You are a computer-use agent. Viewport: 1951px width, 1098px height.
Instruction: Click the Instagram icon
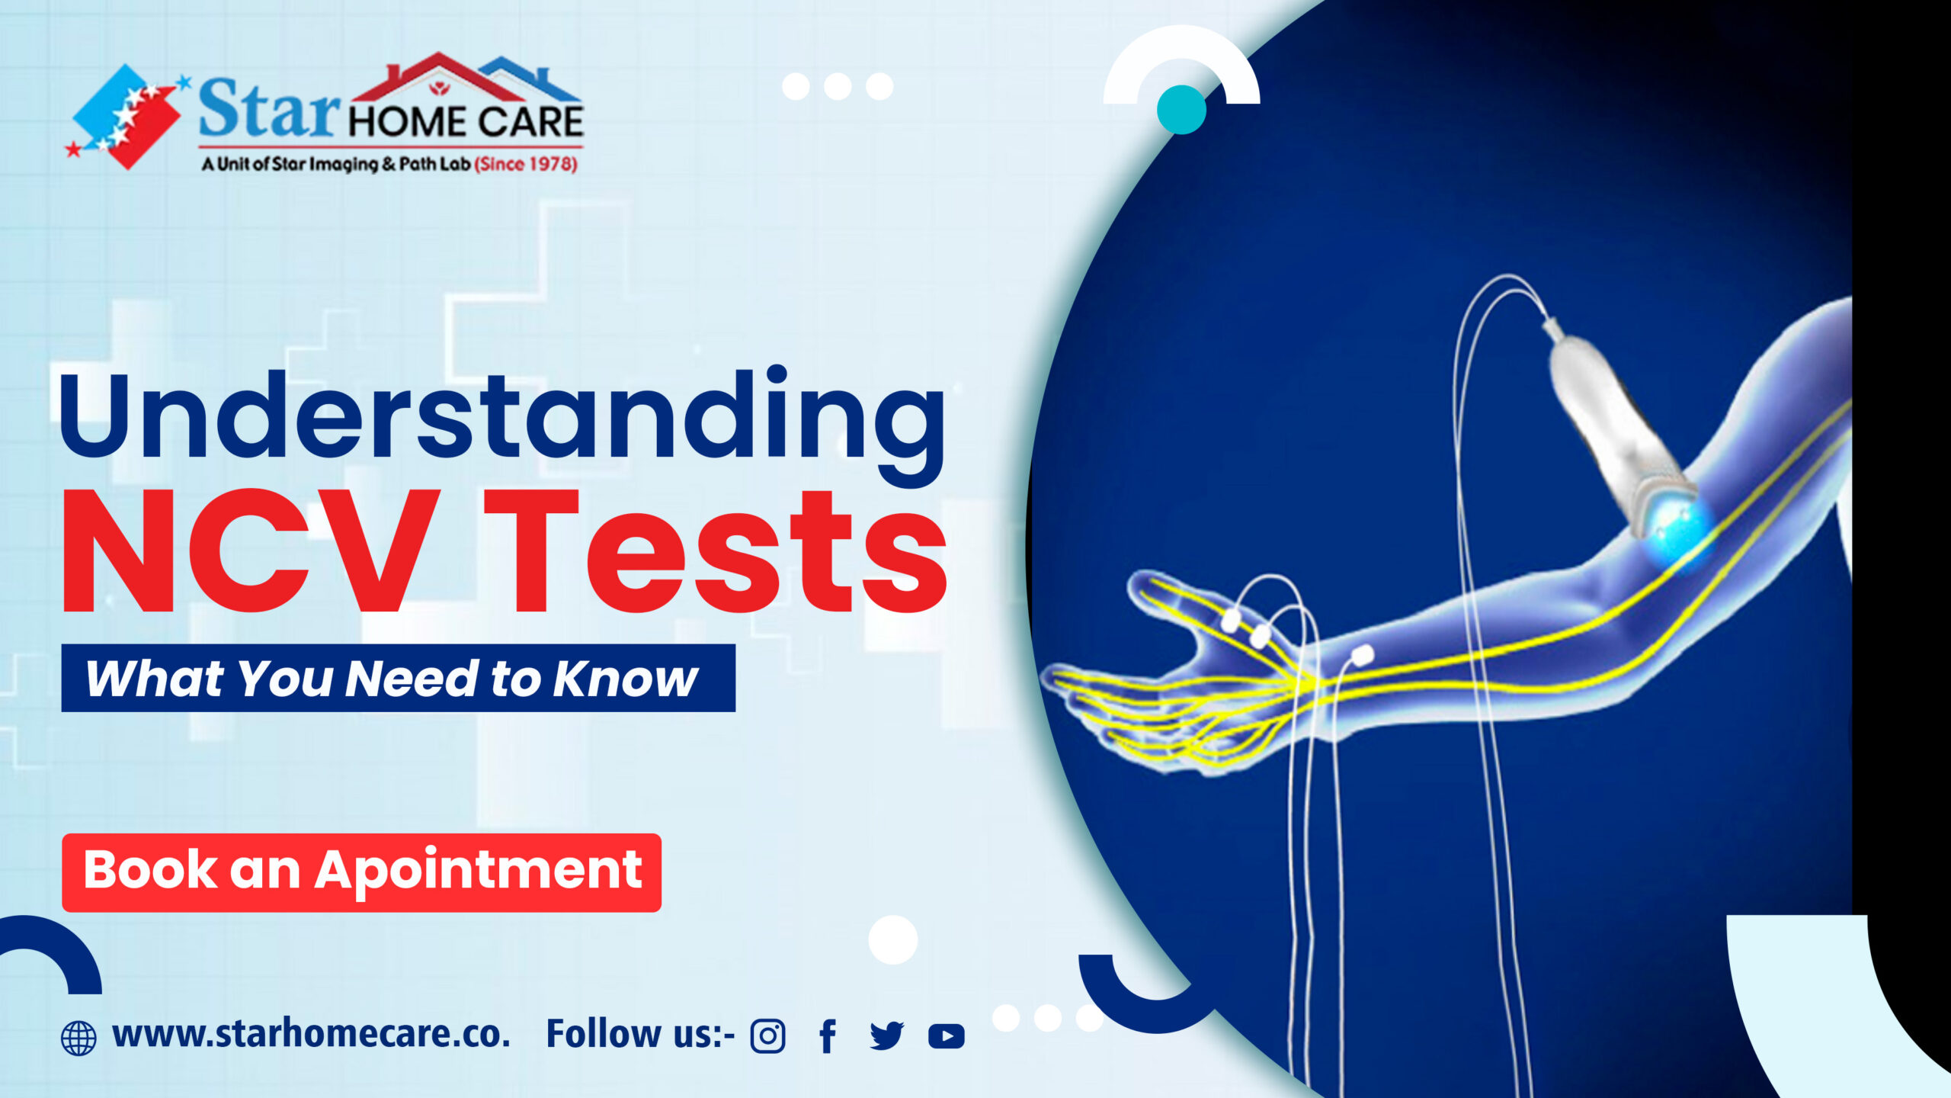click(x=767, y=1036)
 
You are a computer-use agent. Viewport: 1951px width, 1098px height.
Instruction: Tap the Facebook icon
click(x=828, y=1036)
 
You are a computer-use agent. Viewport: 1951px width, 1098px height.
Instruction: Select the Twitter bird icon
click(x=886, y=1036)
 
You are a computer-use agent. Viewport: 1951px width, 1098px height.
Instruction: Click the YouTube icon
click(x=947, y=1036)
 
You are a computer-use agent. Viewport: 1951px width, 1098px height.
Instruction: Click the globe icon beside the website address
click(x=78, y=1039)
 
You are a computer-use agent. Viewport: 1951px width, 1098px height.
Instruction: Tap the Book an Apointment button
click(x=361, y=872)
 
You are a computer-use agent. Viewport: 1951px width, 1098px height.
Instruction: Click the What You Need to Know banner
click(x=398, y=678)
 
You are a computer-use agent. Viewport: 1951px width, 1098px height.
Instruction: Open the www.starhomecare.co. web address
click(x=311, y=1035)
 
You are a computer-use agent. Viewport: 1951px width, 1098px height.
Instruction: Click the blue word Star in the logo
click(x=268, y=109)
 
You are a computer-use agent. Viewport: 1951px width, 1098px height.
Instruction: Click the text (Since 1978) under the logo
click(x=526, y=164)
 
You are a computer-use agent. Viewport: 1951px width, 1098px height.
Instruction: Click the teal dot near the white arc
click(x=1181, y=110)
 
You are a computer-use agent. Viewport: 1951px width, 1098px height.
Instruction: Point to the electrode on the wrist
click(x=1362, y=654)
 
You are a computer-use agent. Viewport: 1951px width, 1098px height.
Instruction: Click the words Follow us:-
click(x=640, y=1035)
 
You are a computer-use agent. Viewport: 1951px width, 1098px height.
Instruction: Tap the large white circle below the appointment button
click(x=893, y=939)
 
